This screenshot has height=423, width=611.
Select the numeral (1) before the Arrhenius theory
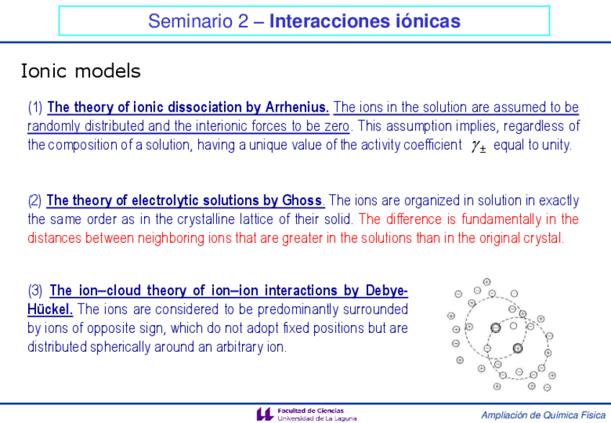pyautogui.click(x=35, y=107)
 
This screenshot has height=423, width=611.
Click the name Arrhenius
pyautogui.click(x=297, y=107)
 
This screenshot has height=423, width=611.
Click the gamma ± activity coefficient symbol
pyautogui.click(x=479, y=146)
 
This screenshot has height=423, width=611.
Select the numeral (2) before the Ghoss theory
pyautogui.click(x=35, y=200)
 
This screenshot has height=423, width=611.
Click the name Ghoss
pyautogui.click(x=303, y=200)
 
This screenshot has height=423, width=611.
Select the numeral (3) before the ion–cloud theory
pyautogui.click(x=35, y=290)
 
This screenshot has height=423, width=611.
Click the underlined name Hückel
pyautogui.click(x=50, y=309)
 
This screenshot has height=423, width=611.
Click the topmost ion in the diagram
pyautogui.click(x=486, y=282)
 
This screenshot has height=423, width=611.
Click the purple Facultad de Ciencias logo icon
pyautogui.click(x=265, y=414)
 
